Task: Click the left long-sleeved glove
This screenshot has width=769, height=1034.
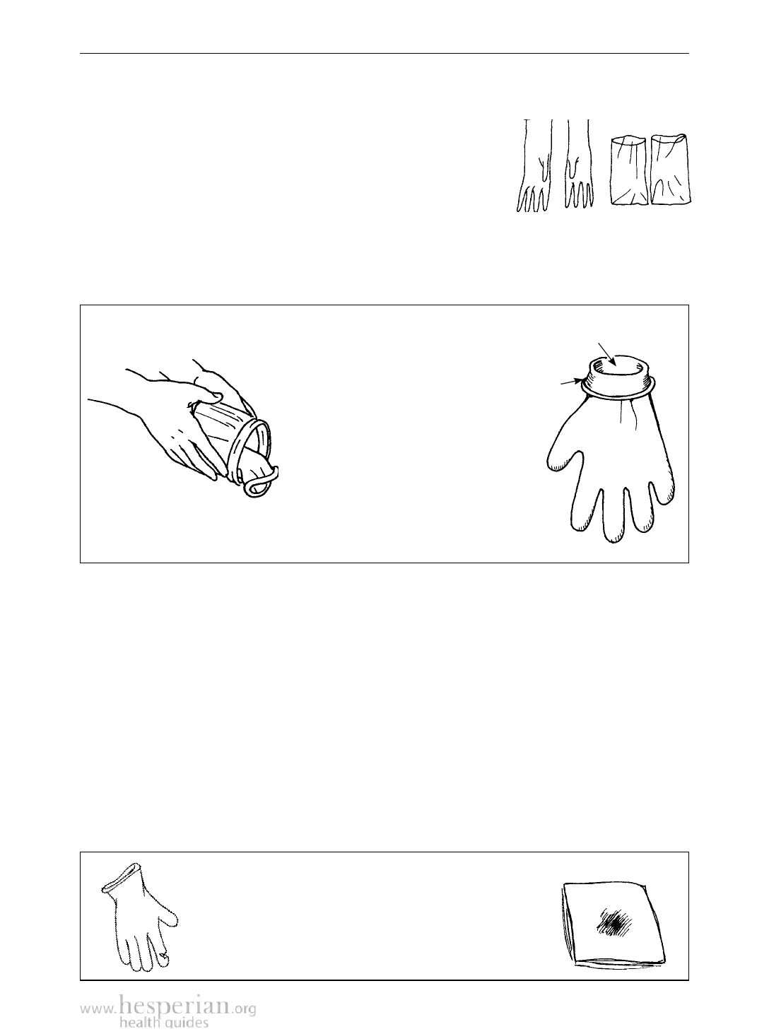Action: tap(534, 168)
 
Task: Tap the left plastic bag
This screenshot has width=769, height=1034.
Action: tap(628, 170)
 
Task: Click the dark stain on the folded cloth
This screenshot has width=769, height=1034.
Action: tap(616, 921)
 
